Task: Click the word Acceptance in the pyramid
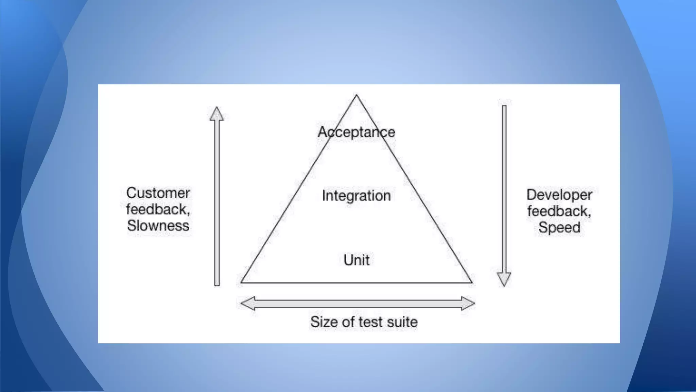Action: (356, 132)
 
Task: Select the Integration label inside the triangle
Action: (356, 196)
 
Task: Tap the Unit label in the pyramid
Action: (356, 260)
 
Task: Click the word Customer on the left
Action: (158, 193)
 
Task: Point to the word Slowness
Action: (158, 226)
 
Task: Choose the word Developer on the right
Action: (559, 195)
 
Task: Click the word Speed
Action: (559, 227)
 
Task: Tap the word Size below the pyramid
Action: (324, 322)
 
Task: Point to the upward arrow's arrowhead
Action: (216, 114)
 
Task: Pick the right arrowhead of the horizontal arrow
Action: (468, 303)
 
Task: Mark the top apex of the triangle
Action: (356, 95)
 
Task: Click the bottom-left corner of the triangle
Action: (241, 282)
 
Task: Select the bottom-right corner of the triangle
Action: (472, 282)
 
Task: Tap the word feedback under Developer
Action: (559, 211)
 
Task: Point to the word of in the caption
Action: (348, 322)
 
